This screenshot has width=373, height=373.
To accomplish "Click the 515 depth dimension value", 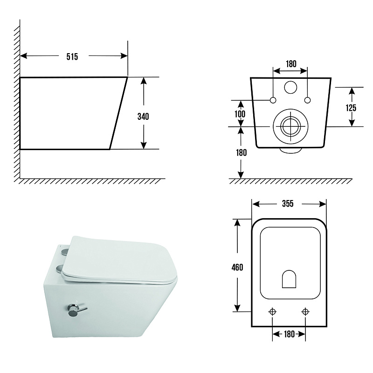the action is (x=72, y=56).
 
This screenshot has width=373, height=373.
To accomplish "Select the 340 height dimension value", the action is (x=143, y=116).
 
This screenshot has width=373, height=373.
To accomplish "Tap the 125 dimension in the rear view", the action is (x=351, y=108).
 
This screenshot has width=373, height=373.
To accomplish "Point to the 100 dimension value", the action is (x=240, y=114).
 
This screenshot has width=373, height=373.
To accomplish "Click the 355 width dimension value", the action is (x=288, y=204).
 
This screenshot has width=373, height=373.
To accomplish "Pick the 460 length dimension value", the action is (x=237, y=267).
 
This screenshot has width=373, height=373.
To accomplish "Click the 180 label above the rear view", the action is (x=291, y=64).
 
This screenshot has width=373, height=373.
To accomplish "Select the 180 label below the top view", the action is (x=289, y=334).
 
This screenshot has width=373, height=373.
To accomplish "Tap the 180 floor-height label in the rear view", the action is (x=241, y=152).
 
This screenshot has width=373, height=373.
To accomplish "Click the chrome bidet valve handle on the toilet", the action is (x=76, y=310).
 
